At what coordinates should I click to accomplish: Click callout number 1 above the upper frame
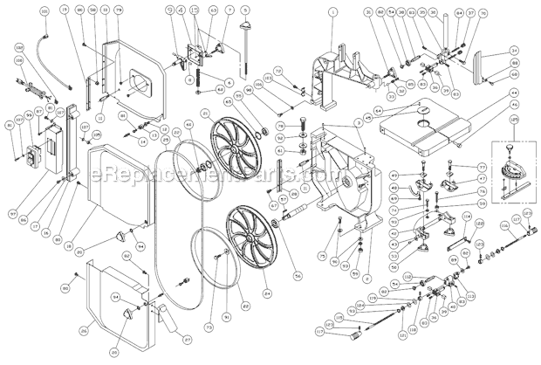(332, 11)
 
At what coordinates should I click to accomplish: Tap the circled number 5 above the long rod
(246, 10)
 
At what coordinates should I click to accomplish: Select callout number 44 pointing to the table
(514, 92)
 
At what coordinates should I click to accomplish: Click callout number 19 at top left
(66, 10)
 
